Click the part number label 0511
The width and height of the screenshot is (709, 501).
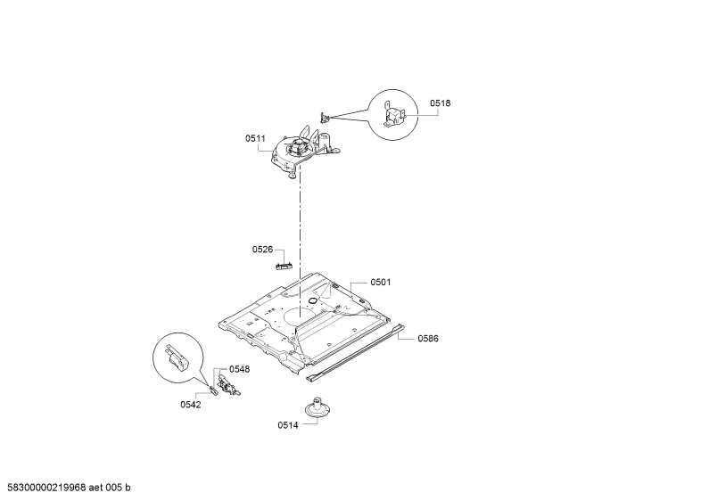(x=255, y=139)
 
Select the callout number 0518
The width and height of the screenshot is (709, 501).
(x=440, y=103)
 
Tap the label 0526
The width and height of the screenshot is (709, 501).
(x=262, y=250)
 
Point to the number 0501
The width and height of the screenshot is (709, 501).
(x=380, y=283)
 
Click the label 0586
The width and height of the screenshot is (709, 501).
(x=428, y=339)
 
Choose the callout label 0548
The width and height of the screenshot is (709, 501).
(x=239, y=369)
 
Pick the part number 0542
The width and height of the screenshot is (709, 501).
(x=190, y=405)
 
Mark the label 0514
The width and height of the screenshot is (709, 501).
(x=287, y=425)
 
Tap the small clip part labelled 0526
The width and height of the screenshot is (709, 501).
(x=284, y=266)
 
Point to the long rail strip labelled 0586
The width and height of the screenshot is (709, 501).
(x=356, y=353)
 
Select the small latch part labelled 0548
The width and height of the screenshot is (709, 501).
(x=228, y=386)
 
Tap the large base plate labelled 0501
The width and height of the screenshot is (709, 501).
(x=304, y=324)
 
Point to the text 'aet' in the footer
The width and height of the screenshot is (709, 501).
(x=95, y=488)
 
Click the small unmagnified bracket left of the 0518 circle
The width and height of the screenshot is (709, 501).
(x=326, y=118)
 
